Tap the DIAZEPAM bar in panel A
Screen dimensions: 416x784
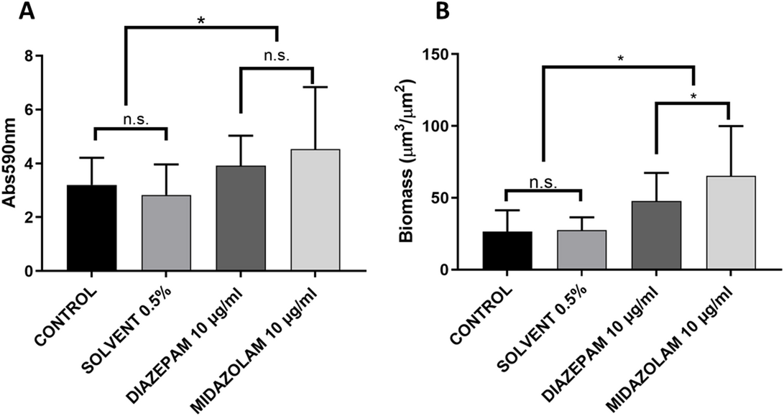tap(241, 218)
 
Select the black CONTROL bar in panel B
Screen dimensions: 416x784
tap(507, 251)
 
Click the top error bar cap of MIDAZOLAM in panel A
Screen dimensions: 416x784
tap(315, 87)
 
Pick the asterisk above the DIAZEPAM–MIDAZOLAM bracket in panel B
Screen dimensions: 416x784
tap(693, 96)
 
